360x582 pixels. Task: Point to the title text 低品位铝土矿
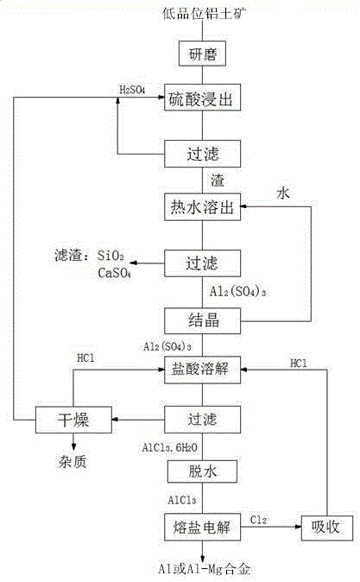[202, 12]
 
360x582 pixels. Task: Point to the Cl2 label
[259, 518]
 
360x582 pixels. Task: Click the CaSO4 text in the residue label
[114, 274]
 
